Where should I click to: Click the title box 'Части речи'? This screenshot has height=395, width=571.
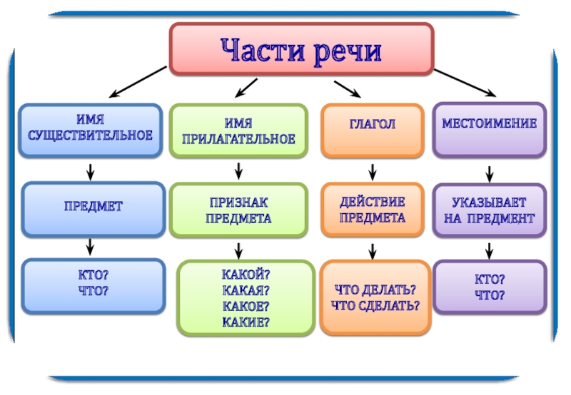(x=300, y=49)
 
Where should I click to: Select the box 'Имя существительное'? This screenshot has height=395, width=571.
(x=90, y=130)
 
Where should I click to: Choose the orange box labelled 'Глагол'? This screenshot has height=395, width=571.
(x=372, y=130)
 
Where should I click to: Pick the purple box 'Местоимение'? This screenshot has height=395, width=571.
(x=489, y=129)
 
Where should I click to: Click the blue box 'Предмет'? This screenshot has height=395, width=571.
(x=93, y=208)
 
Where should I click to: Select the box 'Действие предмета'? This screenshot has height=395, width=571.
(x=372, y=210)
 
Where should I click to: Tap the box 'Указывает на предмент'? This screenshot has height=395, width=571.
(x=489, y=210)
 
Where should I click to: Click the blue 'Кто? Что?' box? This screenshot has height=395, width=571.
(x=93, y=284)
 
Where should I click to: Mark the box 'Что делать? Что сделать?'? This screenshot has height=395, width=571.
(x=375, y=297)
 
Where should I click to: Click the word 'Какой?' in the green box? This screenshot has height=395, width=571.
(x=246, y=274)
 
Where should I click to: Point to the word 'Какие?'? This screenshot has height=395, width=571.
(x=246, y=322)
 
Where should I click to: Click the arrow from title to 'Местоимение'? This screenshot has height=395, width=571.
(x=465, y=83)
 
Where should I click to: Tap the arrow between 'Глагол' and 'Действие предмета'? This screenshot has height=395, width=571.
(x=372, y=172)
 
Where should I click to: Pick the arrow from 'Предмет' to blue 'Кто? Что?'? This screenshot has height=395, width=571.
(x=91, y=247)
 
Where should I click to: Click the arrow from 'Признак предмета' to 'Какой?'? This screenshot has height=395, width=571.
(x=238, y=250)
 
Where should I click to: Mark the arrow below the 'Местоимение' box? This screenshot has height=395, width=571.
(x=490, y=173)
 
